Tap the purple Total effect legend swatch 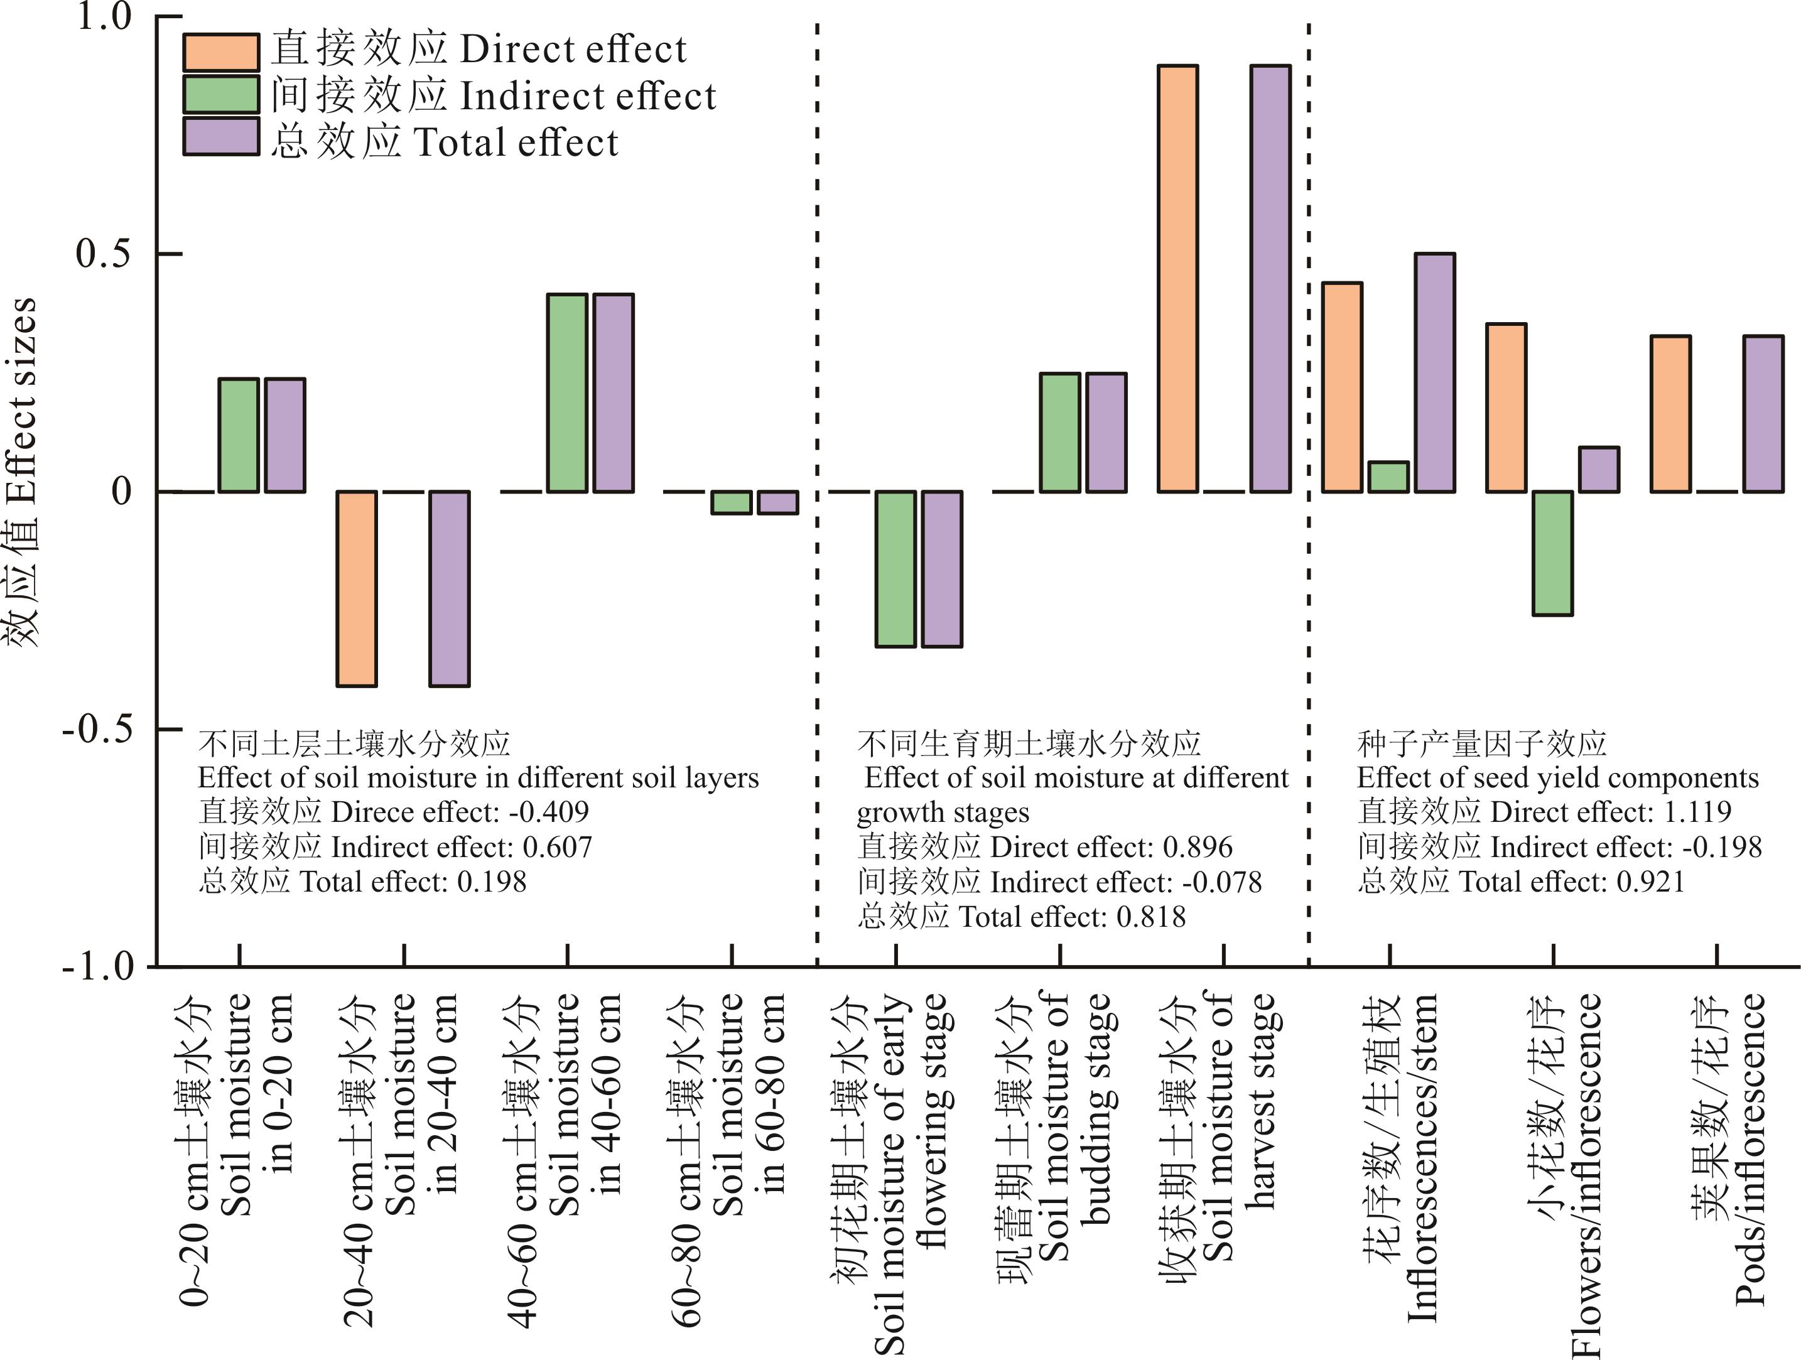click(x=220, y=137)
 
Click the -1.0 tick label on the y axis click(x=98, y=966)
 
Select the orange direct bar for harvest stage click(x=1177, y=278)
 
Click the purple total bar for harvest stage click(x=1270, y=278)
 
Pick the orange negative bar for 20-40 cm click(x=357, y=588)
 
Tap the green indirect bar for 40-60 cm click(x=566, y=393)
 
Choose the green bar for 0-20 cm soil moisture click(x=239, y=435)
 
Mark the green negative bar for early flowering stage click(x=895, y=569)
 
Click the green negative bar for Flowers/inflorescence click(x=1552, y=553)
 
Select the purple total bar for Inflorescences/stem click(x=1435, y=373)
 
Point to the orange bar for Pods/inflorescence click(x=1670, y=413)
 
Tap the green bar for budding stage click(x=1060, y=432)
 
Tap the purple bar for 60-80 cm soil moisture click(x=777, y=502)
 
